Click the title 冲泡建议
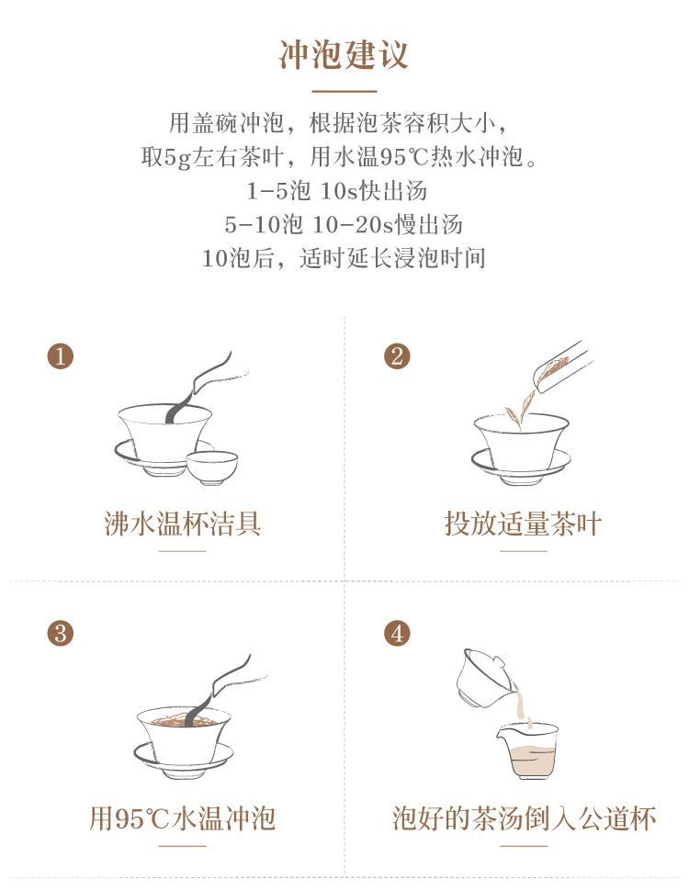point(344,55)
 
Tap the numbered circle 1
point(61,356)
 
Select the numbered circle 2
point(397,356)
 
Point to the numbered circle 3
point(61,633)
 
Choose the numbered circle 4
point(397,633)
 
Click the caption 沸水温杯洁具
point(183,524)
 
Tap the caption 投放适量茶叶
point(523,524)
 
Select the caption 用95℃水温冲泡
point(183,818)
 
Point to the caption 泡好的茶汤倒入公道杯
point(525,818)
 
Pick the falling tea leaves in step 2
point(520,411)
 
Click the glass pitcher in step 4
point(528,751)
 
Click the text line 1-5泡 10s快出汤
point(336,191)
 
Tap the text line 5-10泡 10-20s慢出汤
point(344,224)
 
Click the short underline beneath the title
point(344,91)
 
